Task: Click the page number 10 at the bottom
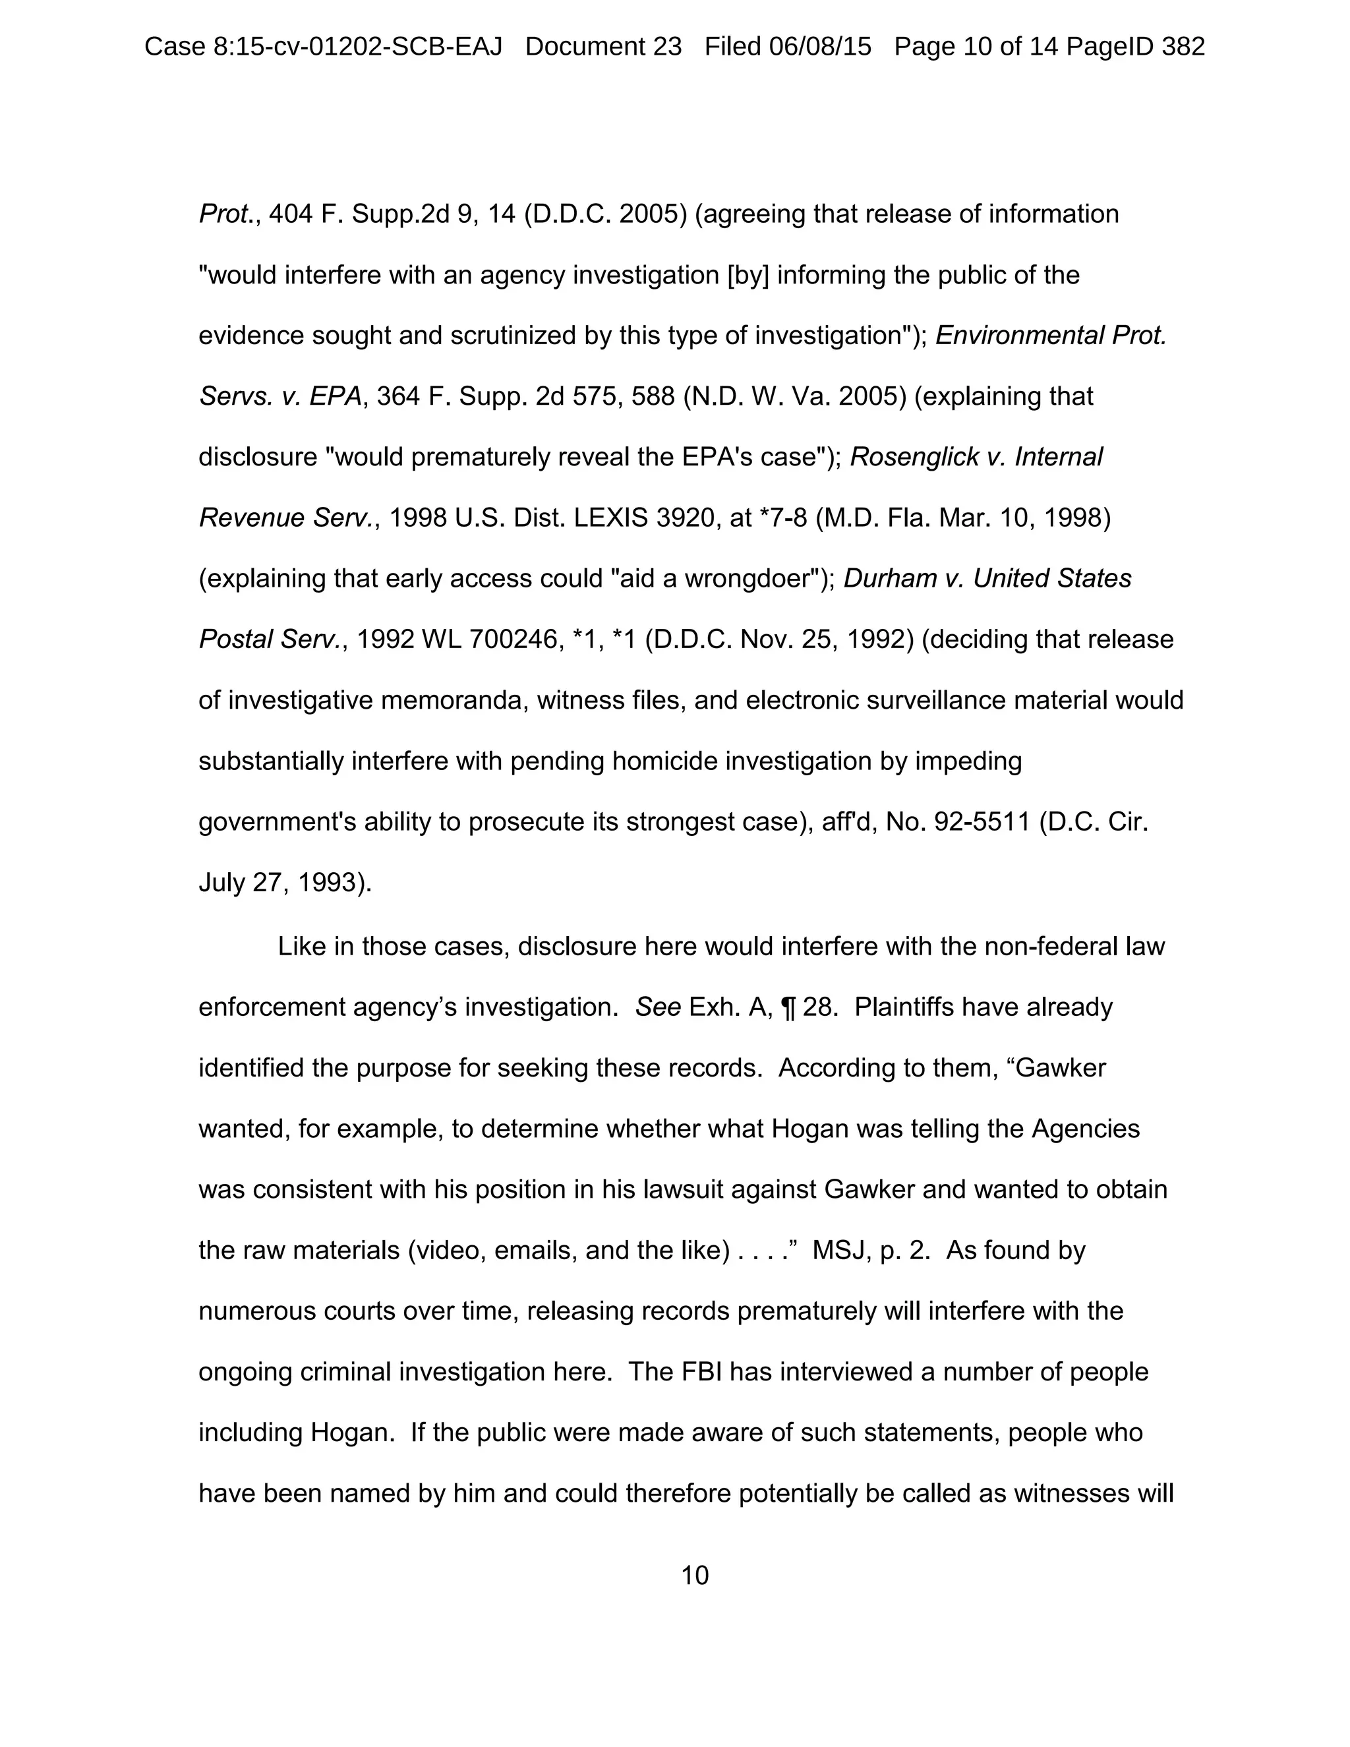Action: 694,1575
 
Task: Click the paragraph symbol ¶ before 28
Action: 788,1007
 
